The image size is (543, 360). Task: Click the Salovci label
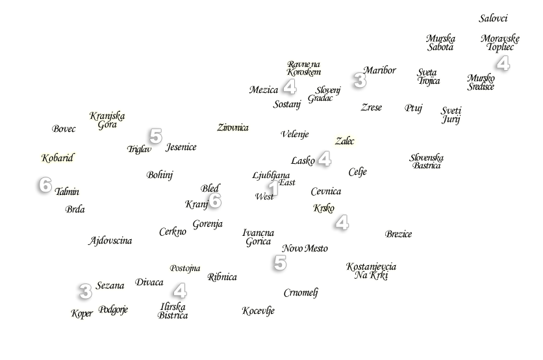[493, 19]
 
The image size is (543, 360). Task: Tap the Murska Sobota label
[440, 43]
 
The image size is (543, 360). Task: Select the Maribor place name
[379, 70]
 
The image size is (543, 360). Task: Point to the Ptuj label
[413, 108]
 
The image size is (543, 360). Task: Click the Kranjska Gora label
[107, 120]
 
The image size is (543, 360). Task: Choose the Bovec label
[64, 129]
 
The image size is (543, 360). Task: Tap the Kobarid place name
[57, 158]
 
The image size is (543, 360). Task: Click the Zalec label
[346, 141]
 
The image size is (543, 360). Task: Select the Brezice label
[398, 234]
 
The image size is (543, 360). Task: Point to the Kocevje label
[258, 311]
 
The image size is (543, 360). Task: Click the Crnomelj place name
[301, 292]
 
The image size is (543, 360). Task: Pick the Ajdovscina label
[110, 240]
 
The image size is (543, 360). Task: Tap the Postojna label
[185, 268]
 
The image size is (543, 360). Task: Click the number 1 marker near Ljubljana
[273, 188]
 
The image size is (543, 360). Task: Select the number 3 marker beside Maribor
[358, 81]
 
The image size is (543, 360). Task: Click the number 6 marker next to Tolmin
[44, 186]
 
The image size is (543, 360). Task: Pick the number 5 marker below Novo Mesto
[279, 263]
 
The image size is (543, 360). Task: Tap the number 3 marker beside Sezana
[84, 292]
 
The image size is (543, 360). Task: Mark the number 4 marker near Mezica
[289, 88]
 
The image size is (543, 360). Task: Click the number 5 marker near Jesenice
[155, 136]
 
